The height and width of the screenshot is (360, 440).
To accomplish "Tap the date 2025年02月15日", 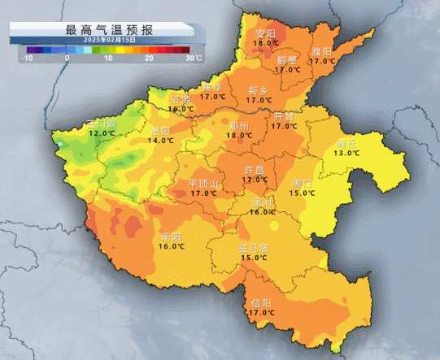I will [102, 39].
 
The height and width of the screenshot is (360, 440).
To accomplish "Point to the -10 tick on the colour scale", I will [28, 59].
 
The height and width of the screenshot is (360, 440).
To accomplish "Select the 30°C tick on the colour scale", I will [193, 59].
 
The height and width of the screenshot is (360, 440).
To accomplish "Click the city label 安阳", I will [266, 34].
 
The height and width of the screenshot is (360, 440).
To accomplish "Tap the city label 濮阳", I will [321, 51].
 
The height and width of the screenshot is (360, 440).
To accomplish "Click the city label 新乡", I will [259, 90].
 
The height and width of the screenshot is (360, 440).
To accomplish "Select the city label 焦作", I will [213, 87].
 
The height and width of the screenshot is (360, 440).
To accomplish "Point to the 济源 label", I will [181, 99].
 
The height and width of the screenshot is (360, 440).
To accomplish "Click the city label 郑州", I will [239, 126].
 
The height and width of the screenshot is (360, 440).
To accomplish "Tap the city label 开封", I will [284, 116].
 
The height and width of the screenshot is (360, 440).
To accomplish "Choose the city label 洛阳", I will [160, 130].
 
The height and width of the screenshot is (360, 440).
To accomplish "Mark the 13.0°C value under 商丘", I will [346, 153].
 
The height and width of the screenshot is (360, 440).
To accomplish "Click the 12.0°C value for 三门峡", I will [102, 132].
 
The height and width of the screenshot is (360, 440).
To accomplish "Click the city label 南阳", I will [171, 236].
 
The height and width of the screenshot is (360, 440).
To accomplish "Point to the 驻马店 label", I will [253, 248].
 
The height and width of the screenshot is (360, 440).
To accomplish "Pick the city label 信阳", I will [260, 302].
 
